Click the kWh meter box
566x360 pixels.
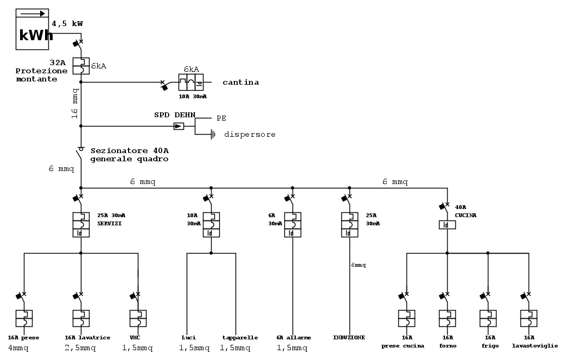[x=35, y=29]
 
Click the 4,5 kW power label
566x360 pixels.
[x=67, y=24]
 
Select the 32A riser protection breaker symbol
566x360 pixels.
[x=81, y=66]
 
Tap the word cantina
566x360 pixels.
[x=240, y=83]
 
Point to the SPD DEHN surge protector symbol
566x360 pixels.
[x=179, y=126]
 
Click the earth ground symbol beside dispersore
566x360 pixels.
[x=212, y=134]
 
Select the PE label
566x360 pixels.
[x=221, y=117]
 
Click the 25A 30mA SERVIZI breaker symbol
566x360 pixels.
[x=81, y=224]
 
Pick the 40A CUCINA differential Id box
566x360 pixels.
[x=447, y=224]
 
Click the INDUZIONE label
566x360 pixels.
[x=348, y=337]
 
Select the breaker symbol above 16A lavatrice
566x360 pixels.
[x=81, y=318]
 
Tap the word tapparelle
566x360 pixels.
[x=239, y=337]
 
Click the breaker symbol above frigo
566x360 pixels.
[x=488, y=318]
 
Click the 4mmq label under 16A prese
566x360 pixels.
[x=18, y=348]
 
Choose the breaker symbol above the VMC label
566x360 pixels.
[x=138, y=318]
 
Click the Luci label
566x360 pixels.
[x=188, y=337]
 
